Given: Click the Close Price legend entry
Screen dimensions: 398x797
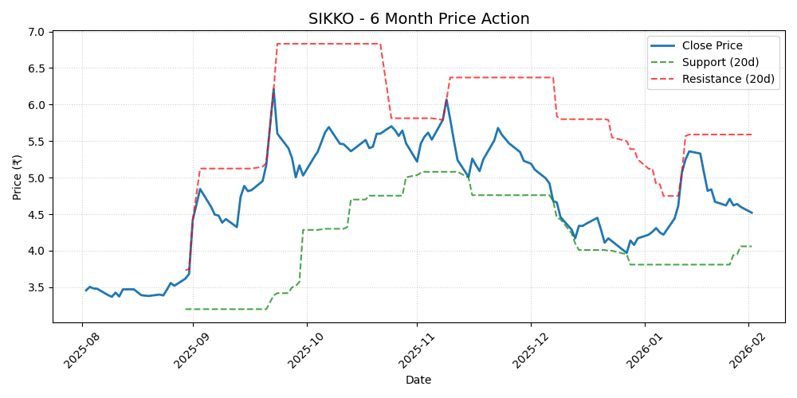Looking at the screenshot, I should point(712,45).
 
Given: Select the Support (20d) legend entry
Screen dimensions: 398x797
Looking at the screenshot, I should point(720,62).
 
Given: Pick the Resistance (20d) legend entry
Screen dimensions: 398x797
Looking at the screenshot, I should point(728,79).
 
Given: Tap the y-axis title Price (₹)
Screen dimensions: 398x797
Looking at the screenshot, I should point(18,177).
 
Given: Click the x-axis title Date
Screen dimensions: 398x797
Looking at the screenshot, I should point(418,380).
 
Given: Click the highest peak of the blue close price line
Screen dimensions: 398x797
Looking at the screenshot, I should point(273,88).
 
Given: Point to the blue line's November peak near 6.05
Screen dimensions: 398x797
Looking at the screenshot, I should point(446,100).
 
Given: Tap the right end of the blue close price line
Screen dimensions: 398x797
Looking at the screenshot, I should point(752,213).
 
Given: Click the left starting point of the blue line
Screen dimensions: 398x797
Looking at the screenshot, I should point(86,291).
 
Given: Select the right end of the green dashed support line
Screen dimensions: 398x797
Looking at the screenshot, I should point(752,246).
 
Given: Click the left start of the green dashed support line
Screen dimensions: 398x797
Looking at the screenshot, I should point(186,309).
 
